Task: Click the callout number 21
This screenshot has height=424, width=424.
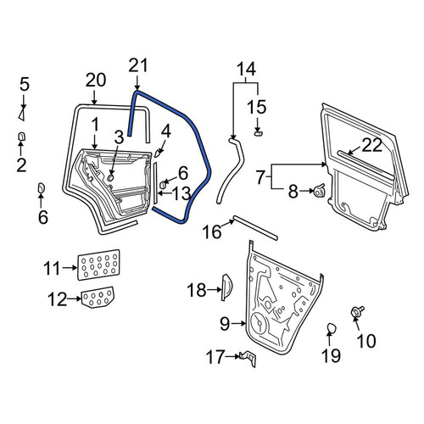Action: pyautogui.click(x=138, y=65)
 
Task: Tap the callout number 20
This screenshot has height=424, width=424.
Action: pyautogui.click(x=96, y=80)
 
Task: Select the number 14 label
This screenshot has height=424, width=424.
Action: pyautogui.click(x=246, y=69)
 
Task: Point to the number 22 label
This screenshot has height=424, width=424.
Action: pyautogui.click(x=372, y=146)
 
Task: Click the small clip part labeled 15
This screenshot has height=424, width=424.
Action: pyautogui.click(x=259, y=133)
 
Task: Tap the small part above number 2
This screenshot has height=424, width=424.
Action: pyautogui.click(x=21, y=137)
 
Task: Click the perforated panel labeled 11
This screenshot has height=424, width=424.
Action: pyautogui.click(x=98, y=265)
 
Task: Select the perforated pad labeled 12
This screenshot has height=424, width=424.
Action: pyautogui.click(x=98, y=297)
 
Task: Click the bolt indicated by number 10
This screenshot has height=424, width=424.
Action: pyautogui.click(x=357, y=312)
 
